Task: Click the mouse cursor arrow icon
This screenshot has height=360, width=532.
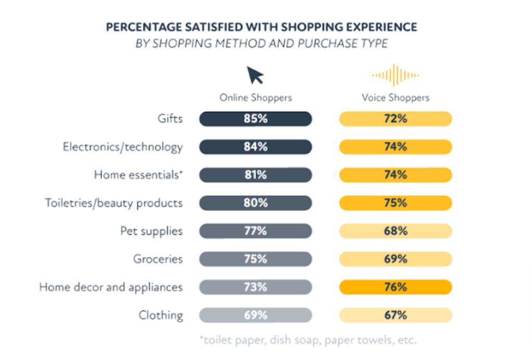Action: [255, 75]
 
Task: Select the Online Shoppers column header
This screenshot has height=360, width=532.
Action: [256, 98]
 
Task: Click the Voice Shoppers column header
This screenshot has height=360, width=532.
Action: [395, 98]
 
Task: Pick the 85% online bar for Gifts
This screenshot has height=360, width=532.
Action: [256, 119]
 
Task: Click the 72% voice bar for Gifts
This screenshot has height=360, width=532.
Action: [395, 119]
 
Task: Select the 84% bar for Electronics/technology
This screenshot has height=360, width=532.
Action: [256, 147]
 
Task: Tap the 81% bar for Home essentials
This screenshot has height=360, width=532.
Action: [256, 175]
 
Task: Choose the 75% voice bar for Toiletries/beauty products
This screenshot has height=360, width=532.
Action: [395, 203]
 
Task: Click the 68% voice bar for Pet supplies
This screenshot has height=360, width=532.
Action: [395, 231]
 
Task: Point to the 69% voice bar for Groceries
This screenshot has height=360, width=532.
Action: [395, 259]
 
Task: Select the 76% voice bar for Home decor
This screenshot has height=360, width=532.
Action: [395, 287]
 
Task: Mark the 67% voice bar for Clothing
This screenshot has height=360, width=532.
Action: [395, 315]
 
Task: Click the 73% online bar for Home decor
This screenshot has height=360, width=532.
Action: [256, 287]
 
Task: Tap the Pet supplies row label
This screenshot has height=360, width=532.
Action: [151, 231]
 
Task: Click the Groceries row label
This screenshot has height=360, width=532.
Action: [158, 259]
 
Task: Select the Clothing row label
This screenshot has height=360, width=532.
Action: [161, 315]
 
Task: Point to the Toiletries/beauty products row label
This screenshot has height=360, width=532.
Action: [114, 203]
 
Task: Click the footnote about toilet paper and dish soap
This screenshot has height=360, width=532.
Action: [308, 341]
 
